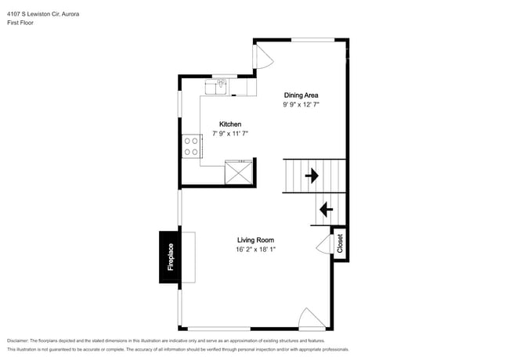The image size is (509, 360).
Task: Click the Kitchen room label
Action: point(229,124)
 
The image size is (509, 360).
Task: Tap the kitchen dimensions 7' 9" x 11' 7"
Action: point(229,135)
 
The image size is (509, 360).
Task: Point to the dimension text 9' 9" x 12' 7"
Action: point(301,105)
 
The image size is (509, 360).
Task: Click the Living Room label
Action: point(255,240)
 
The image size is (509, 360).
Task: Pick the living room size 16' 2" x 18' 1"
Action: point(255,250)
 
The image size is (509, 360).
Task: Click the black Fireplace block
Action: point(170,257)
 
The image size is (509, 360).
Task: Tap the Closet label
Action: point(340,244)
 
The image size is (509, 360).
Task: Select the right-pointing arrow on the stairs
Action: point(311,176)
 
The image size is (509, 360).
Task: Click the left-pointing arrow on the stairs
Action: point(325,210)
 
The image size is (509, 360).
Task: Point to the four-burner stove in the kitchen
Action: point(191,146)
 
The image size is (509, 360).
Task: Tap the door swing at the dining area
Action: point(263,53)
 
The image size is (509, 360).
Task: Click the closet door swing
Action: point(323,244)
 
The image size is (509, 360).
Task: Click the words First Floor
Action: point(21,23)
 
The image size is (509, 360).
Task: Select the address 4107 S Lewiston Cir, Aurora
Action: point(42,14)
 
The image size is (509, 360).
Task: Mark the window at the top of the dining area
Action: point(313,39)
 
